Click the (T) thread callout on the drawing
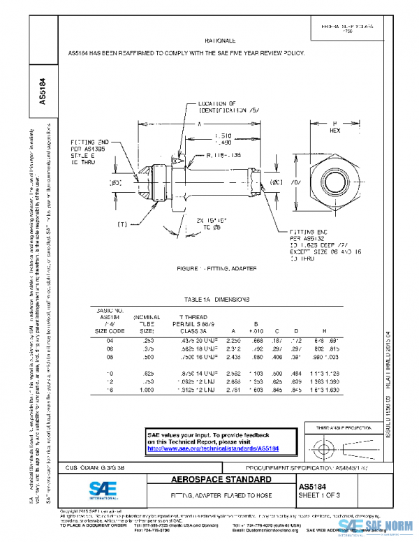(122, 224)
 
